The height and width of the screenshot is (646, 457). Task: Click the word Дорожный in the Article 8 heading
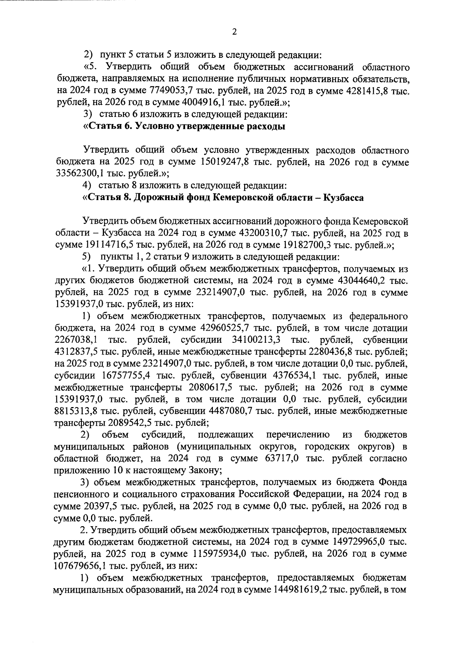click(160, 198)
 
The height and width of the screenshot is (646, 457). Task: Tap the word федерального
click(379, 317)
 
